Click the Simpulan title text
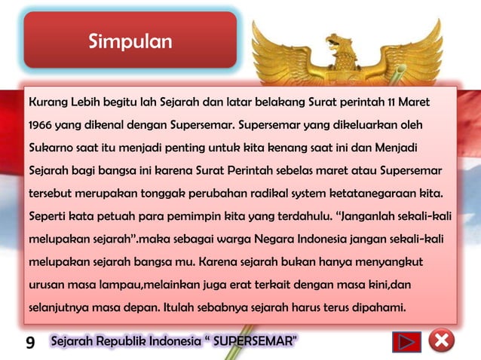pyautogui.click(x=130, y=41)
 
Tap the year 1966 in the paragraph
pyautogui.click(x=39, y=122)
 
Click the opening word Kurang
pyautogui.click(x=47, y=101)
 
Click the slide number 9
pyautogui.click(x=30, y=343)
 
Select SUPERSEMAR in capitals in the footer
pyautogui.click(x=253, y=343)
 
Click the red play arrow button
pyautogui.click(x=406, y=343)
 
